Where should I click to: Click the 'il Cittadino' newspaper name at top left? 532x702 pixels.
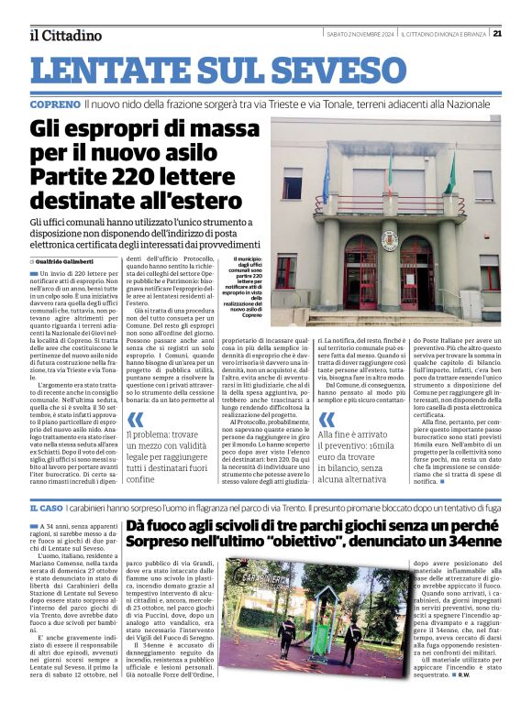[65, 36]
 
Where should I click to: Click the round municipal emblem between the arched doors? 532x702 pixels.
[389, 240]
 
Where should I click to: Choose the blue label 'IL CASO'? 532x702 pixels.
[46, 507]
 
